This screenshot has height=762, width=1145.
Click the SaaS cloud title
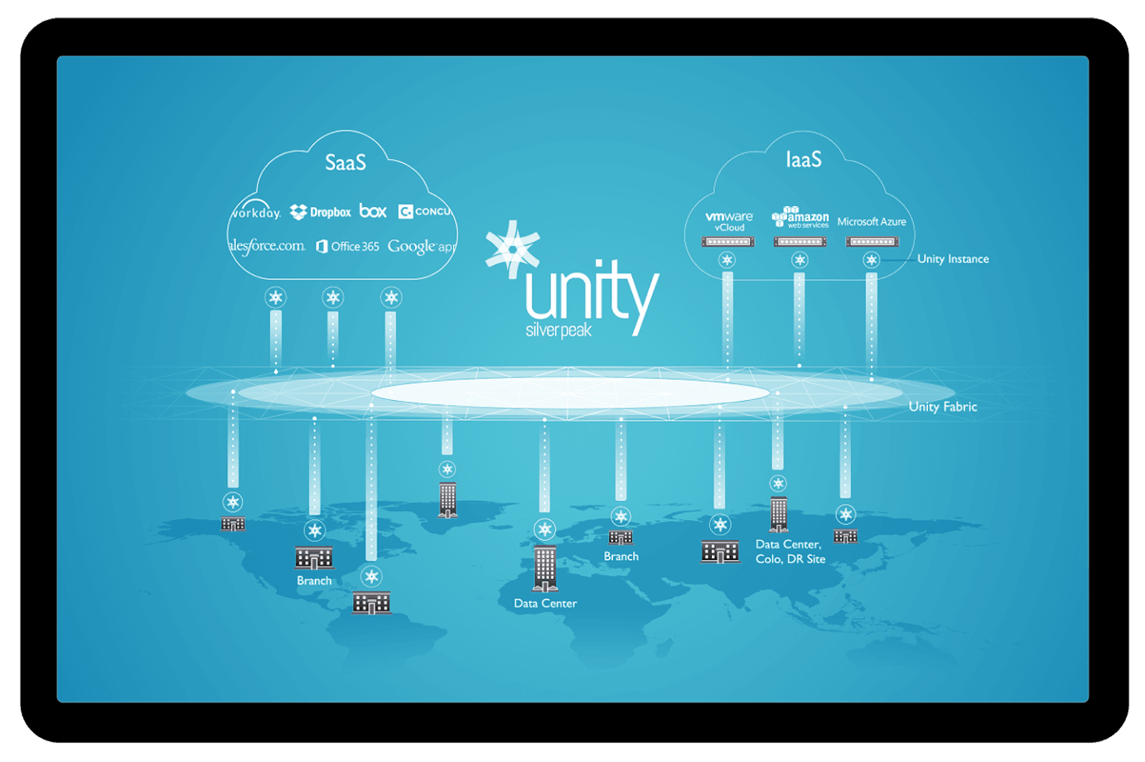(345, 162)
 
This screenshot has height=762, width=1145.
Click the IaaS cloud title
(804, 159)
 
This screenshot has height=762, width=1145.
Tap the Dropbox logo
(321, 212)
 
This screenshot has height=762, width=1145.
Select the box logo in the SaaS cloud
(373, 211)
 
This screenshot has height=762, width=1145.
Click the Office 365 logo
(348, 246)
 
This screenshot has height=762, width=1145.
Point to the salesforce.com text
(267, 246)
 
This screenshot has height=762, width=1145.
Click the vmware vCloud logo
(729, 221)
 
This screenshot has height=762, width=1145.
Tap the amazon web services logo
(800, 218)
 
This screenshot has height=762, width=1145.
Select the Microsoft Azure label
(872, 222)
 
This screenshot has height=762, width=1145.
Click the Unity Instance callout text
(953, 259)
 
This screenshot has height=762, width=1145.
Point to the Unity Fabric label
(943, 407)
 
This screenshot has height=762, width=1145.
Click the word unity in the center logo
(592, 292)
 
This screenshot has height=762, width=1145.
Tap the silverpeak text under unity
(558, 330)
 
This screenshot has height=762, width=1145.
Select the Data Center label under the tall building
(545, 603)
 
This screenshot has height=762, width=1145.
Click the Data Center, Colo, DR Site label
(790, 552)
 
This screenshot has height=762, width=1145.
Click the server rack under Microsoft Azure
(872, 242)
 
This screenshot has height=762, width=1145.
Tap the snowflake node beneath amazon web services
(800, 260)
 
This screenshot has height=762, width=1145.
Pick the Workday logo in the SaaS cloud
(256, 211)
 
